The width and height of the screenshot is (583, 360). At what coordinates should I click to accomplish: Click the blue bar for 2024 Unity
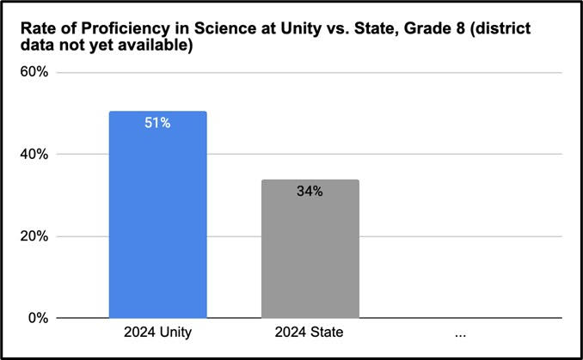point(157,215)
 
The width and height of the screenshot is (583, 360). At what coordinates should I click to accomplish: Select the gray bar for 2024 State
point(310,249)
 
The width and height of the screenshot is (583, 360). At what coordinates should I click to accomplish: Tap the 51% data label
point(157,123)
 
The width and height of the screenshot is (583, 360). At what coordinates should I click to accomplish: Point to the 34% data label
point(310,192)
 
